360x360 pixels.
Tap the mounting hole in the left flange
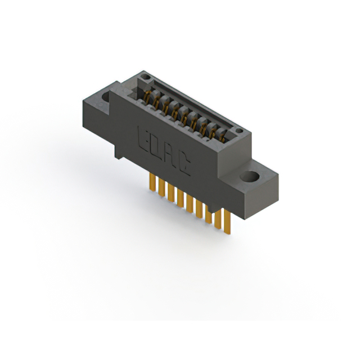[106, 96]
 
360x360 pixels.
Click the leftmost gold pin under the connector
[151, 183]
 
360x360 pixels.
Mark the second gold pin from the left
[160, 188]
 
